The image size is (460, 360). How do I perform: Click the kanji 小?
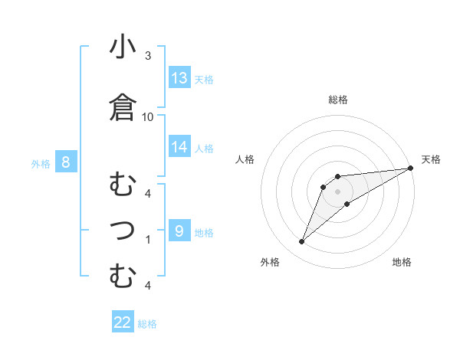pos(123,47)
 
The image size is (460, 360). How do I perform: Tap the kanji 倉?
pos(123,108)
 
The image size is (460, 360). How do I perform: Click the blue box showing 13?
pos(179,78)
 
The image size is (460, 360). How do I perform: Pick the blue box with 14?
pos(179,147)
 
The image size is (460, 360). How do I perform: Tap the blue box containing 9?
pos(179,231)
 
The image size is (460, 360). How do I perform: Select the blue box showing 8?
pos(66,162)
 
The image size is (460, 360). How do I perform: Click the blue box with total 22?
pos(123,322)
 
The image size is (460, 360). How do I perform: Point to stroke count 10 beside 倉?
pos(148,117)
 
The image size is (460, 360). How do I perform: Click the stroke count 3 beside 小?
pos(148,56)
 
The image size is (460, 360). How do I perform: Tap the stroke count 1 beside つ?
pos(148,239)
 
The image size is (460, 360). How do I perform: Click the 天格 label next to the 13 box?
pos(203,79)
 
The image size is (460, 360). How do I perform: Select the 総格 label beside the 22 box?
pos(147,323)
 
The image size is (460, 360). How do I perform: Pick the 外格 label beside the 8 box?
pos(41,162)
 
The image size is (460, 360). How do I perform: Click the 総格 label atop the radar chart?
pos(337,100)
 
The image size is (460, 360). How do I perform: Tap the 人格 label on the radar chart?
pos(245,159)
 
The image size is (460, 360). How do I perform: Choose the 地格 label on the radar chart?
pos(402,262)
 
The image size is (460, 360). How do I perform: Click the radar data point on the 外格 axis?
pos(301,242)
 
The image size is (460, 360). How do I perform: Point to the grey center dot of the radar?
pos(337,191)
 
